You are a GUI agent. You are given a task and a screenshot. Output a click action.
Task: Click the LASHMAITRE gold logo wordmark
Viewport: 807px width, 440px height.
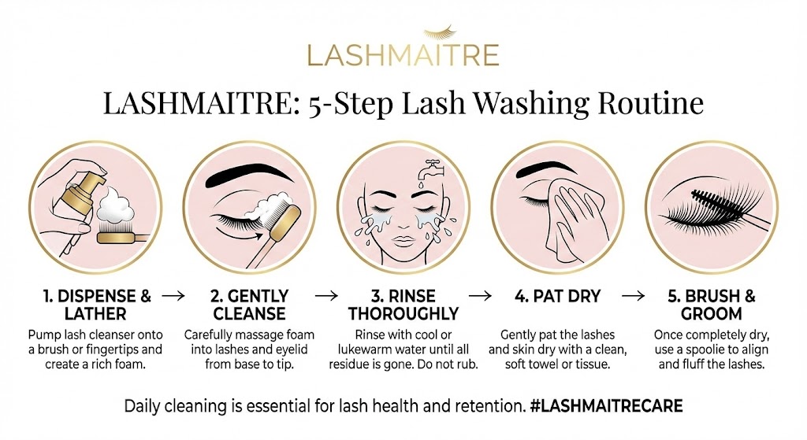403,56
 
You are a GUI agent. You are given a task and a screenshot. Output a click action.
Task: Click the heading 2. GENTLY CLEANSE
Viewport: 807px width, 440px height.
248,305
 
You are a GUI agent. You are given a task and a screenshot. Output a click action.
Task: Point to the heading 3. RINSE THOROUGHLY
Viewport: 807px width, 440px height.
403,305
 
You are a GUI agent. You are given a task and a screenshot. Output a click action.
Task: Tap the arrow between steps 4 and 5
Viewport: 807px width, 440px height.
632,297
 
